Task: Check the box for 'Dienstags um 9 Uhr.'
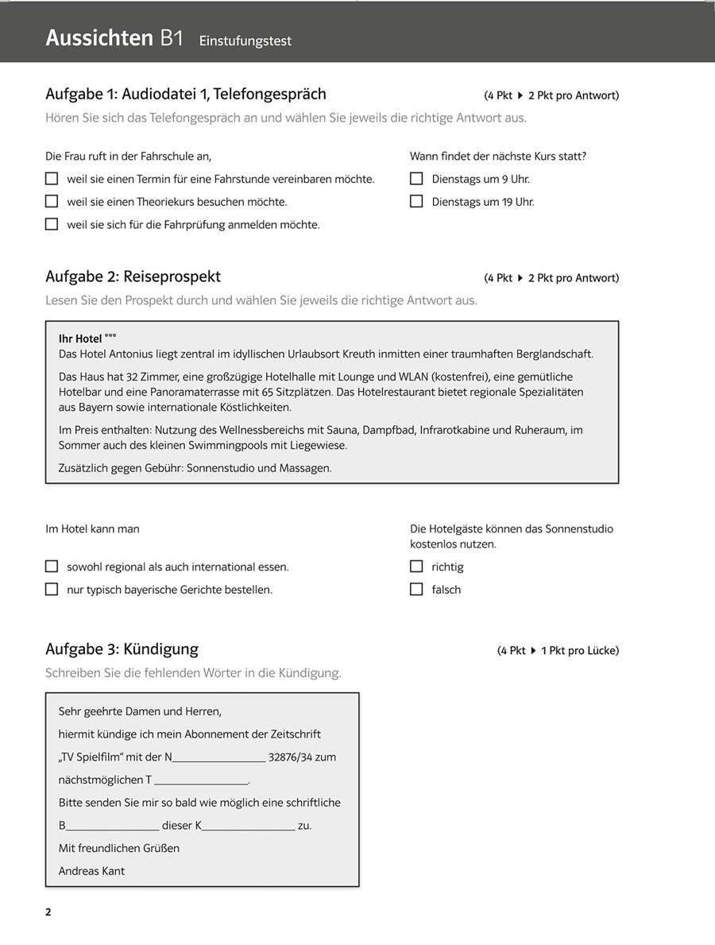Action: tap(416, 179)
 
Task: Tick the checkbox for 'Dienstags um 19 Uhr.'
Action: tap(416, 202)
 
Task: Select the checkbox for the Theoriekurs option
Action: tap(52, 202)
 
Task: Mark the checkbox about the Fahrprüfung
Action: tap(52, 224)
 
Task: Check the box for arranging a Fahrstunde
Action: tap(52, 179)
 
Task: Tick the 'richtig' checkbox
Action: tap(416, 567)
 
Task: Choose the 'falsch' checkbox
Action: tap(416, 589)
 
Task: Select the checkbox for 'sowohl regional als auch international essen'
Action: tap(52, 567)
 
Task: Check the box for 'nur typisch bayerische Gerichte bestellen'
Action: tap(52, 589)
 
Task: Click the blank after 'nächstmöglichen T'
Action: tap(202, 781)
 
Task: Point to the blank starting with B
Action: tap(112, 827)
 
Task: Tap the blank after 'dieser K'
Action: tap(248, 827)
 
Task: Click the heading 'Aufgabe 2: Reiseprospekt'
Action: tap(133, 277)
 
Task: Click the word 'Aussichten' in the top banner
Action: tap(99, 38)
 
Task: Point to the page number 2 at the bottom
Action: tap(48, 912)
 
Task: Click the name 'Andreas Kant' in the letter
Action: tap(91, 871)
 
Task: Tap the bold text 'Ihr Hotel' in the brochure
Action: tap(80, 339)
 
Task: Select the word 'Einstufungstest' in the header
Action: tap(245, 41)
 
